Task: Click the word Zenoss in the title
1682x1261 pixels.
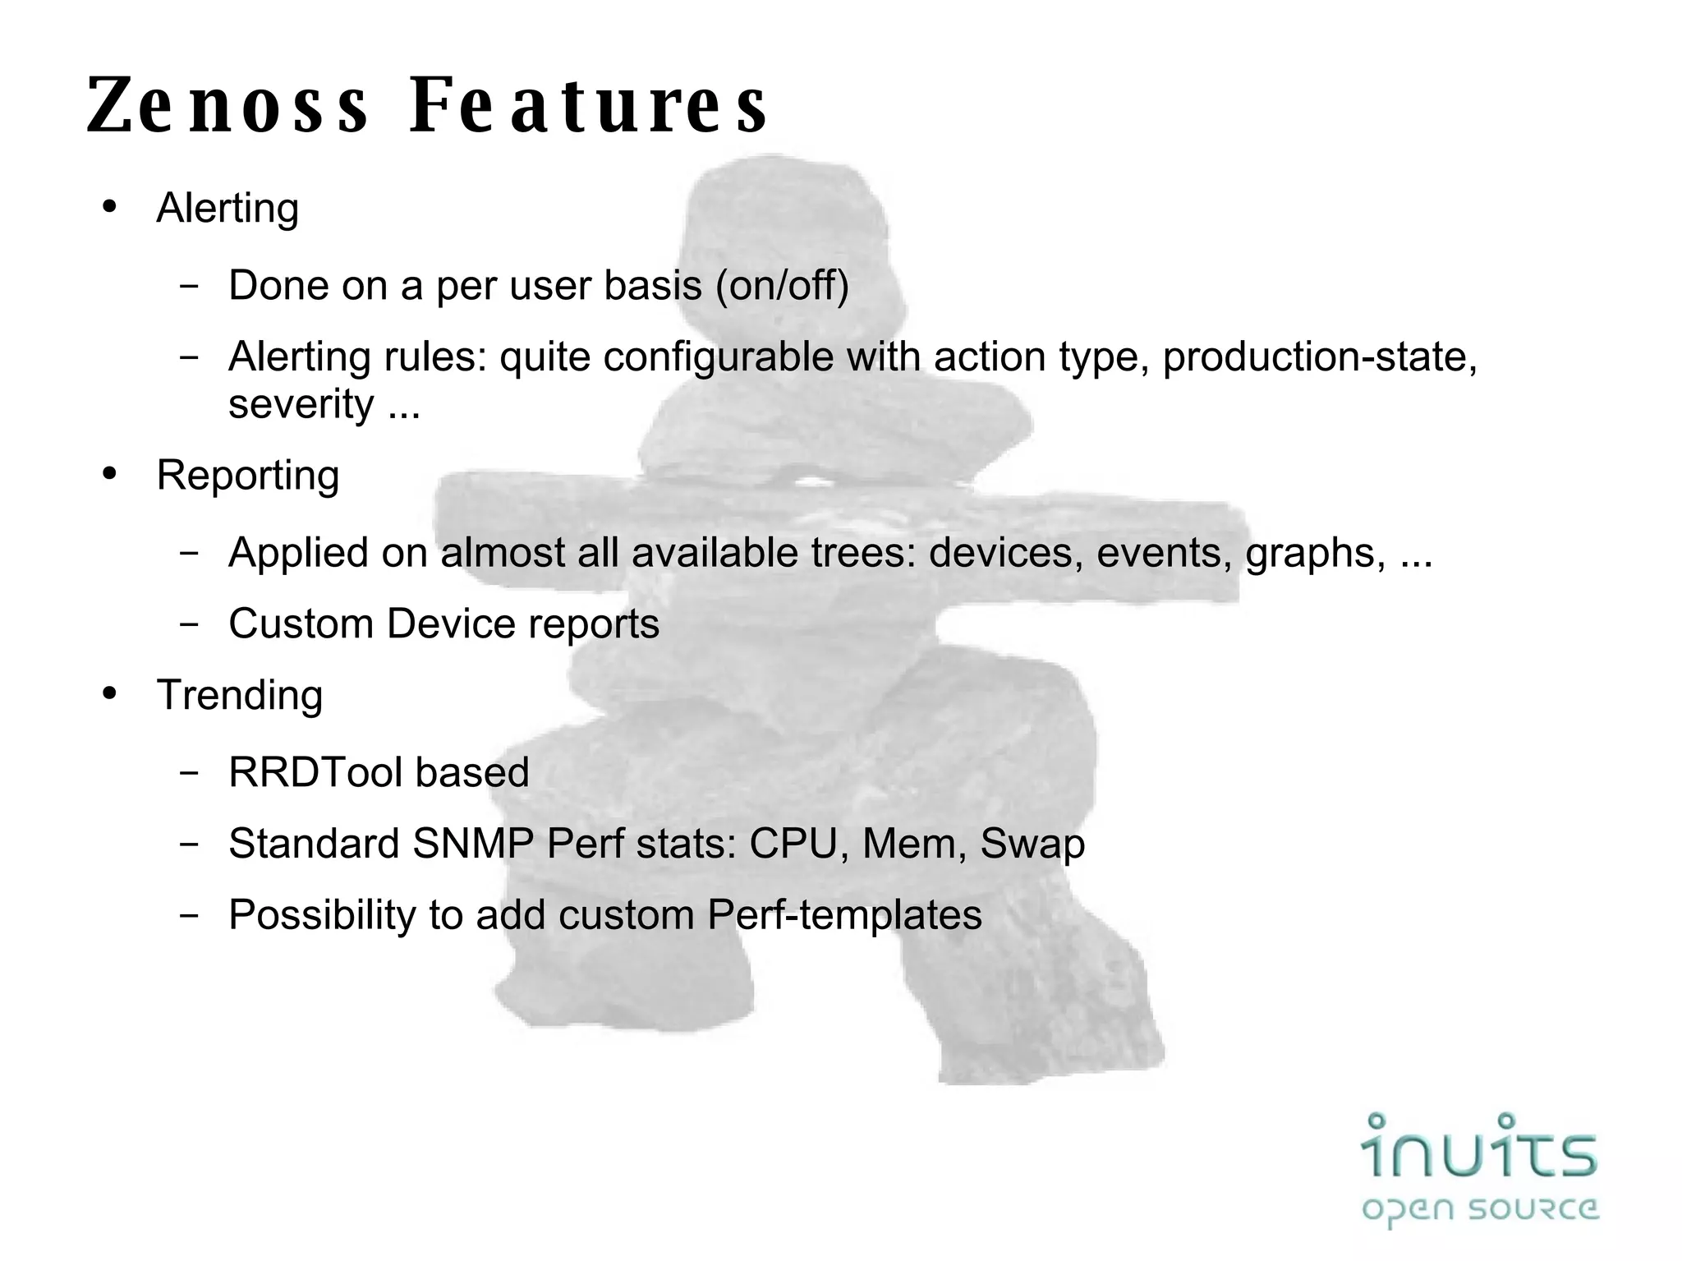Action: point(227,105)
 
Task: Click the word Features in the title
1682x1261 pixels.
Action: point(589,105)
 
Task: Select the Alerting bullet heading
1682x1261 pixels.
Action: point(227,208)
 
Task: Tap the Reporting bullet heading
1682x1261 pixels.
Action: point(247,475)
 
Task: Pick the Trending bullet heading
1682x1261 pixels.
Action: point(239,695)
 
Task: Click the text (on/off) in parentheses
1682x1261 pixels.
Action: point(783,285)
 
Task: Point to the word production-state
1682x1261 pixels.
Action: point(1319,357)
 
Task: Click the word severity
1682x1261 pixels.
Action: point(301,403)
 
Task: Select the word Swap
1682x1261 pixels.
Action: point(1032,844)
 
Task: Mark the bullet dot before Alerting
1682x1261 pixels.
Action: point(110,206)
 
